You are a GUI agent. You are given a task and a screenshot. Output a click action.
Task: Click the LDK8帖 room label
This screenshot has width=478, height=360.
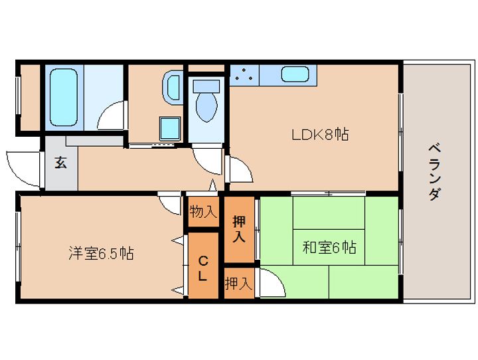[x=320, y=135]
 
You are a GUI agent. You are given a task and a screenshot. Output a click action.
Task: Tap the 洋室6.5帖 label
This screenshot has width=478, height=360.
[x=101, y=253]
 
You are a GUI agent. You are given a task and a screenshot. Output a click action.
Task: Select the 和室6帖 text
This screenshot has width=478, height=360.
[x=329, y=247]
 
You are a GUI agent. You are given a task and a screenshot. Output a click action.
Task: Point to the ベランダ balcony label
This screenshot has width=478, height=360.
[x=434, y=173]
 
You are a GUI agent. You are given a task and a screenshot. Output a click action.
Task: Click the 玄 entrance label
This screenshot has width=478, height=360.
[x=60, y=163]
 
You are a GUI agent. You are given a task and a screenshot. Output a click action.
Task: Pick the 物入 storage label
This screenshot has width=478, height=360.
[x=203, y=212]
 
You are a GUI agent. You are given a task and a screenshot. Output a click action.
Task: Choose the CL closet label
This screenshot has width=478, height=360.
[x=203, y=268]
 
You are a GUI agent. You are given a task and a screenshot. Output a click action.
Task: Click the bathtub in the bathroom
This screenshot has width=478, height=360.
[x=64, y=97]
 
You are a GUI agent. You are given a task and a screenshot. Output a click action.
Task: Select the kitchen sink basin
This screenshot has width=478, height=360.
[x=295, y=74]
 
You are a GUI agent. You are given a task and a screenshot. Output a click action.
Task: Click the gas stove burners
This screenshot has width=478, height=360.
[x=244, y=75]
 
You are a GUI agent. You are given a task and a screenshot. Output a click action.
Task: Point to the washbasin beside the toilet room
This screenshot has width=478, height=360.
[x=172, y=88]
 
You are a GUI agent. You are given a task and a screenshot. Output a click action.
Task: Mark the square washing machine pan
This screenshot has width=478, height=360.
[x=170, y=128]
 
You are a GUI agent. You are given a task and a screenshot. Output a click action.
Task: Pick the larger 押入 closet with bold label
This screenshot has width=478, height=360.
[x=239, y=229]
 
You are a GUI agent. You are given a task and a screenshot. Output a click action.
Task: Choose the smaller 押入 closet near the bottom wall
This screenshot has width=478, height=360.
[x=239, y=284]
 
